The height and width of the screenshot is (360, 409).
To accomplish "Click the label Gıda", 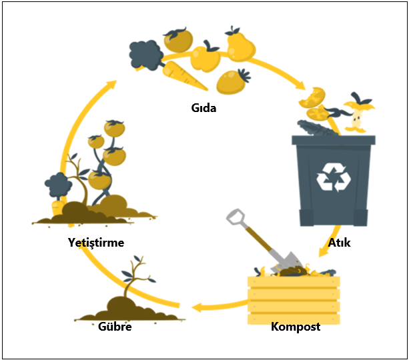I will [x=203, y=107].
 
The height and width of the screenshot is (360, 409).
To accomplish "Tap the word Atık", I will [x=339, y=243].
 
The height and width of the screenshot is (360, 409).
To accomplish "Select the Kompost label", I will [x=296, y=327].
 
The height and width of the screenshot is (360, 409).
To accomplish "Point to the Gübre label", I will [x=115, y=327].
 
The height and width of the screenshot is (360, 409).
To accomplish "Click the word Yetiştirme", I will [x=96, y=242].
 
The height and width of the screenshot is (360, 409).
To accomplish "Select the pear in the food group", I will [x=239, y=47].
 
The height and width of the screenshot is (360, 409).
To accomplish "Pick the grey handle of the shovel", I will [x=235, y=217].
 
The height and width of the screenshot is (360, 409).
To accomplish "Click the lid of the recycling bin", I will [x=333, y=140].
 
